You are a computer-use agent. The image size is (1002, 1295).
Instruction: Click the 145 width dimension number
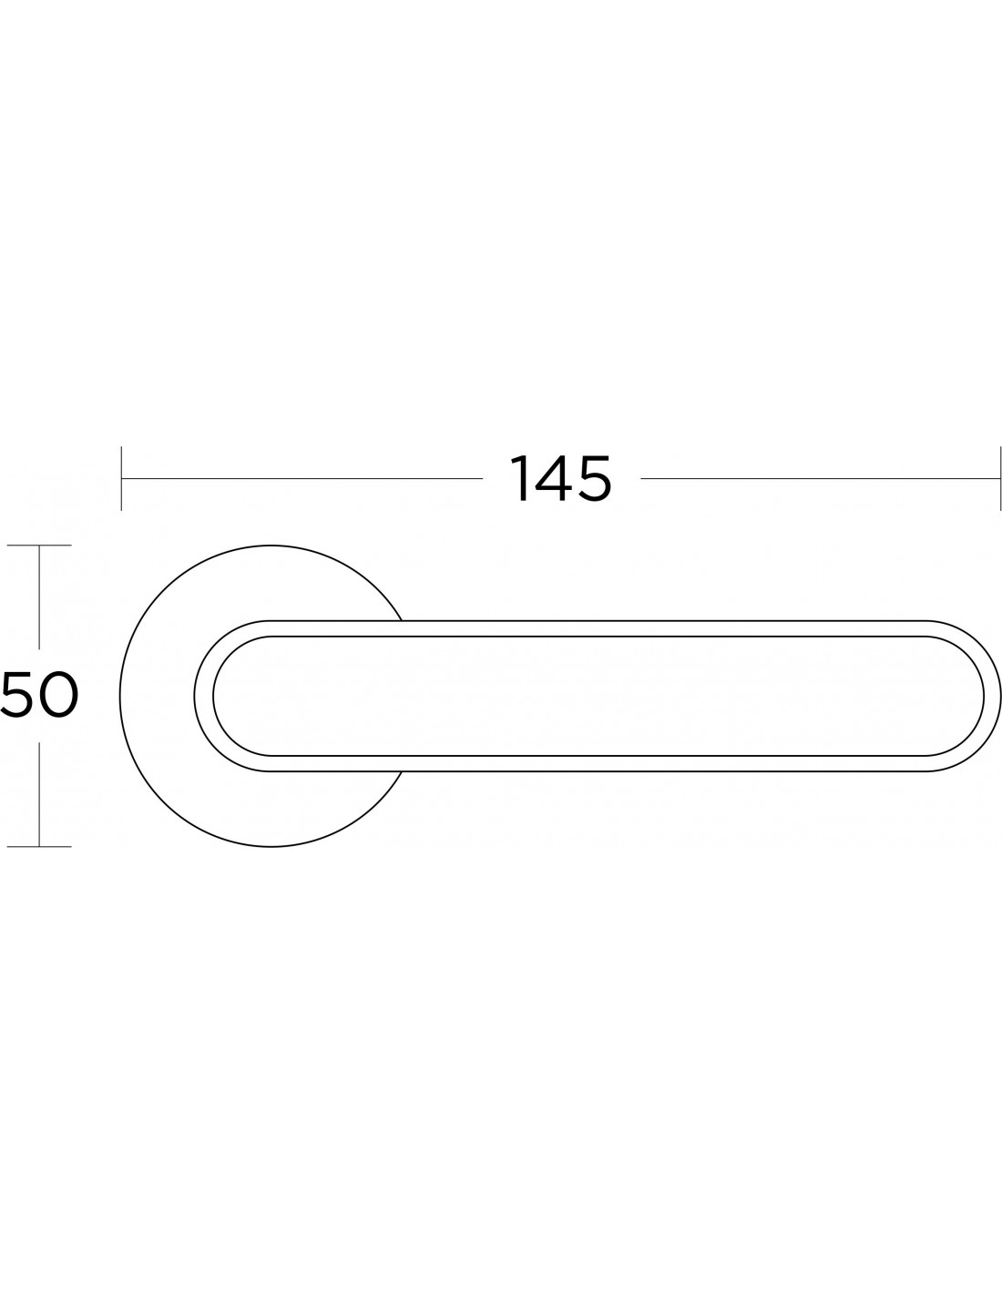[x=560, y=478]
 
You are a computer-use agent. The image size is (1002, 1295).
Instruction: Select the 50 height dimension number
[x=40, y=695]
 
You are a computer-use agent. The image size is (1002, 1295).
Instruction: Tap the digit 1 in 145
[x=520, y=478]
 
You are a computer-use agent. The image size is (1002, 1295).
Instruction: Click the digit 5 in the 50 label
[x=18, y=695]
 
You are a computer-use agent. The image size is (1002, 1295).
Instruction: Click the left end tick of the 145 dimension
[x=121, y=478]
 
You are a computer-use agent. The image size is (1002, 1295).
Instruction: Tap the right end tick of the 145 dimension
[x=999, y=478]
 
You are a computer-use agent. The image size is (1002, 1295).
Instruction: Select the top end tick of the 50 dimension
[x=39, y=546]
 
